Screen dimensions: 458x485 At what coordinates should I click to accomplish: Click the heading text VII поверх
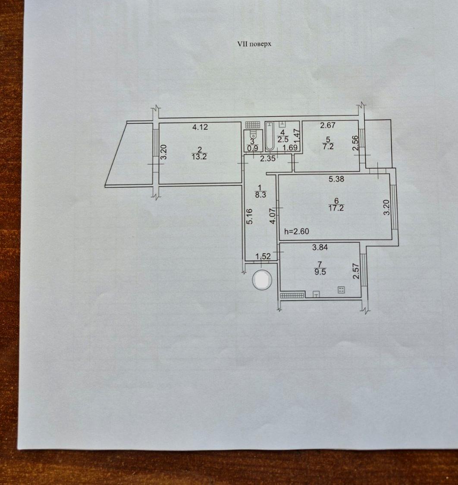click(254, 44)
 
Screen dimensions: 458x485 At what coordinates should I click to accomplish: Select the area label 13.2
click(199, 156)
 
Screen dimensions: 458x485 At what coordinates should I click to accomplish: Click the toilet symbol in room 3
click(253, 135)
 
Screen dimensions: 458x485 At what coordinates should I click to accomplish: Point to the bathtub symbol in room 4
click(270, 136)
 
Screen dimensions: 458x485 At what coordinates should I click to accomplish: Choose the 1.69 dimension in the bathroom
click(291, 147)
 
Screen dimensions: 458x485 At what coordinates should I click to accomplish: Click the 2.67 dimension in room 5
click(328, 125)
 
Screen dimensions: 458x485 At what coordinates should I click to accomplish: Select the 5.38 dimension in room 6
click(336, 179)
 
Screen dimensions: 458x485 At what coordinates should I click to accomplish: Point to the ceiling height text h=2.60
click(297, 231)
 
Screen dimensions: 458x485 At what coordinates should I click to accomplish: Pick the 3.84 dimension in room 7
click(320, 247)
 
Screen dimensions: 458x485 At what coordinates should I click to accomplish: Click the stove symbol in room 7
click(341, 290)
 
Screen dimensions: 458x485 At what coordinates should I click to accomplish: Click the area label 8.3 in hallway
click(260, 195)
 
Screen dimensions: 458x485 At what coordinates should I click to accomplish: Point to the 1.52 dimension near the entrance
click(263, 256)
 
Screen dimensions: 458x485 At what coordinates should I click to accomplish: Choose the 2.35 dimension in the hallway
click(267, 159)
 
